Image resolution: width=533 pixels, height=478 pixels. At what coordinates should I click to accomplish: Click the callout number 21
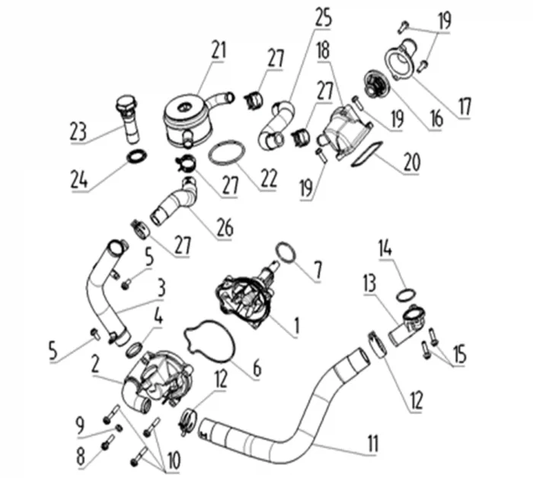coord(219,50)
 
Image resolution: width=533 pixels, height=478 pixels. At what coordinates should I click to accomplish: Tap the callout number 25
coord(324,18)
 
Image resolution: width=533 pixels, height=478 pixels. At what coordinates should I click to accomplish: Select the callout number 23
coord(78,132)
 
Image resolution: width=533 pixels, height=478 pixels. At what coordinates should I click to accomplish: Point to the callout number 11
coord(374,443)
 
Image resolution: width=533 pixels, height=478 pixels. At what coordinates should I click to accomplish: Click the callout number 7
coord(318,272)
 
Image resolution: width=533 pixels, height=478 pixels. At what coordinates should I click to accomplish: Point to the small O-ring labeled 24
coord(137,156)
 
